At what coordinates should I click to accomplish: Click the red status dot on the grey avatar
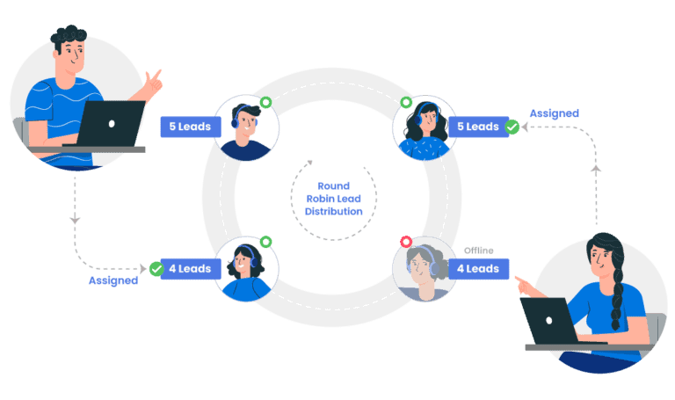click(406, 242)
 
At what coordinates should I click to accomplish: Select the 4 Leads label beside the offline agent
click(479, 268)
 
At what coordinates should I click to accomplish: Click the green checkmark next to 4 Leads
click(156, 268)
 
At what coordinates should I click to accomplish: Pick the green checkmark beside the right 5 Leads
click(512, 127)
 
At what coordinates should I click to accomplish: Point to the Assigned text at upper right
click(554, 113)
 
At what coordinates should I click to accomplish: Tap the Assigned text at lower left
click(112, 280)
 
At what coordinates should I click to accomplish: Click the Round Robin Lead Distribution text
click(334, 198)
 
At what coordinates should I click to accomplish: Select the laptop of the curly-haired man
click(110, 123)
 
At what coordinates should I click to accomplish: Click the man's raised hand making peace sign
click(153, 84)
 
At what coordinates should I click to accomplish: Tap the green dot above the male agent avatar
click(265, 101)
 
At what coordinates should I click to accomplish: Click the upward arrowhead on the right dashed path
click(596, 167)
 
